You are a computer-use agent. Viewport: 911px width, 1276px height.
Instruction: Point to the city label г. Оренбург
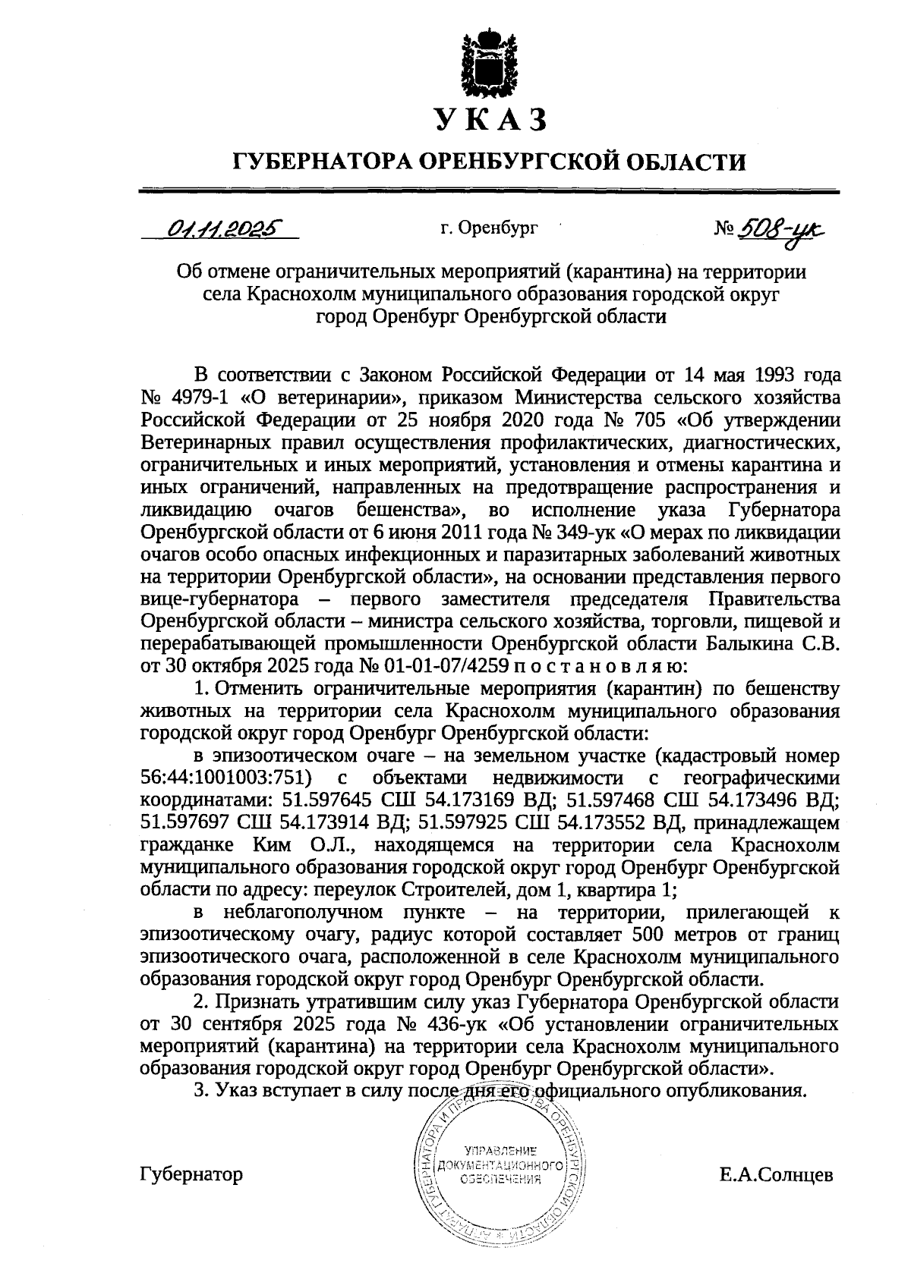pyautogui.click(x=488, y=227)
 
